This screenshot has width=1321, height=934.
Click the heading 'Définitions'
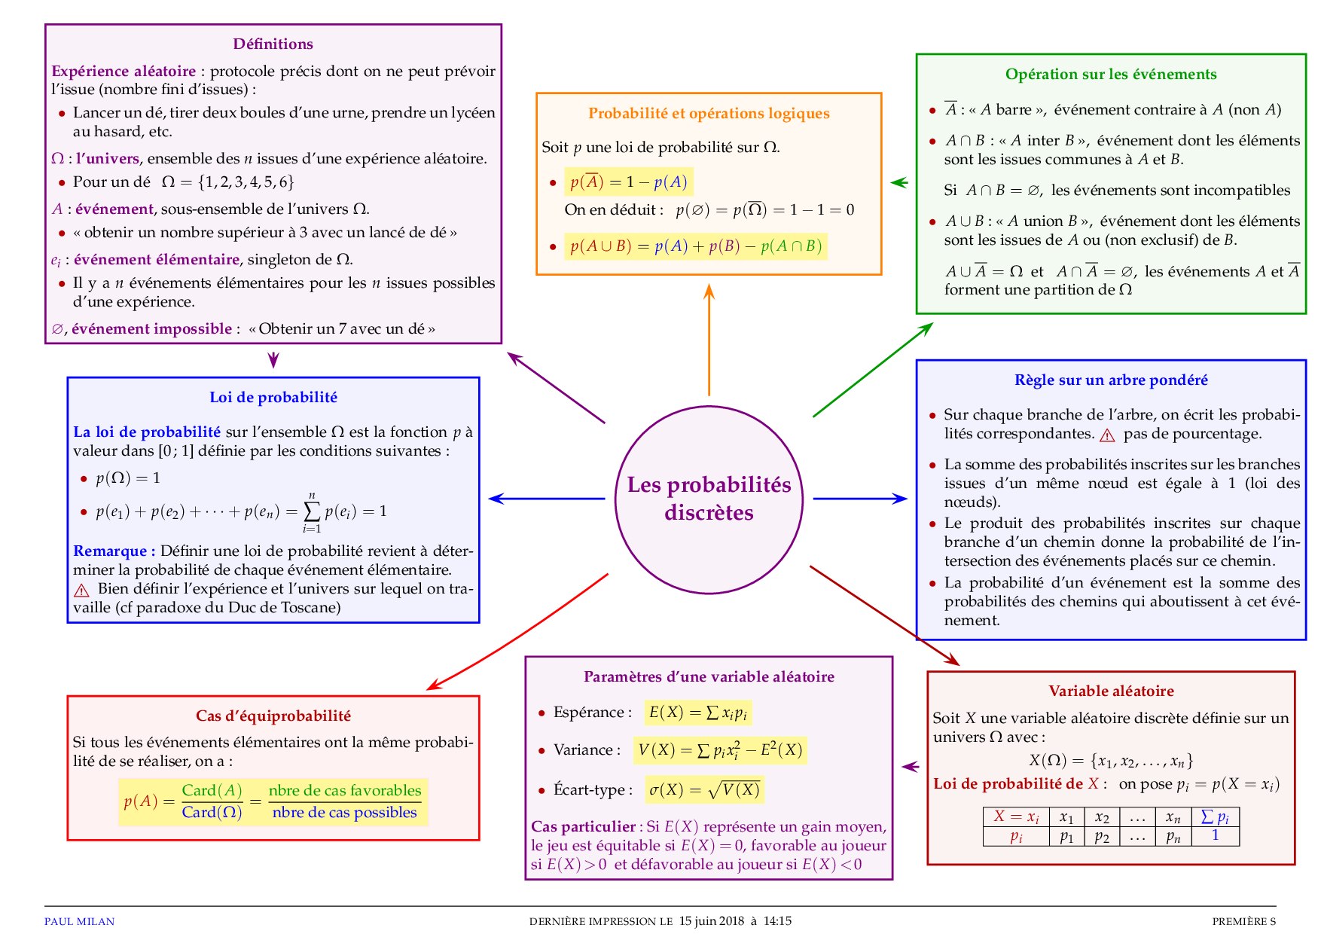click(x=273, y=44)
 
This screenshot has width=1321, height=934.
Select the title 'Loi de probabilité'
click(x=273, y=397)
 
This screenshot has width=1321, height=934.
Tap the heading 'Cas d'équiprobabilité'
click(x=273, y=716)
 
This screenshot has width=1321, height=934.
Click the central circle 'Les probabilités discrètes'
click(x=709, y=499)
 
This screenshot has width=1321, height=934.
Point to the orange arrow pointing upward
click(x=709, y=339)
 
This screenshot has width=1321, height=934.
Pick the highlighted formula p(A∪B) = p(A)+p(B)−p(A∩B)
click(x=695, y=246)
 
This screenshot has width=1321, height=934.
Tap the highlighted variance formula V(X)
click(x=719, y=750)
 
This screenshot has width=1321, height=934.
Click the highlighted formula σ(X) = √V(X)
click(x=704, y=789)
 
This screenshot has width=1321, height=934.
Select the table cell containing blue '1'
click(x=1215, y=835)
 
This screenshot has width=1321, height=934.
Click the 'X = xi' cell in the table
click(x=1016, y=816)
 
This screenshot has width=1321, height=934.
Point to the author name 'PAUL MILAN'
click(x=79, y=921)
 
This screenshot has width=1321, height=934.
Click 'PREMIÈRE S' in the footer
click(x=1243, y=921)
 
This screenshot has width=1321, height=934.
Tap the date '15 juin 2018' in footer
click(x=712, y=920)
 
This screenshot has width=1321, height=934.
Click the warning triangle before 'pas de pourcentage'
click(x=1107, y=435)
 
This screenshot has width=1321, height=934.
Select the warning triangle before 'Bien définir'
click(x=81, y=590)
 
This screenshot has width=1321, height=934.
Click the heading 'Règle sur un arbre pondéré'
click(x=1111, y=380)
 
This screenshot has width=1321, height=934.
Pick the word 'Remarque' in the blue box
click(x=111, y=551)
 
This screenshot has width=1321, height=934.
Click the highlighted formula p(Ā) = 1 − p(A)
click(x=628, y=182)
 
